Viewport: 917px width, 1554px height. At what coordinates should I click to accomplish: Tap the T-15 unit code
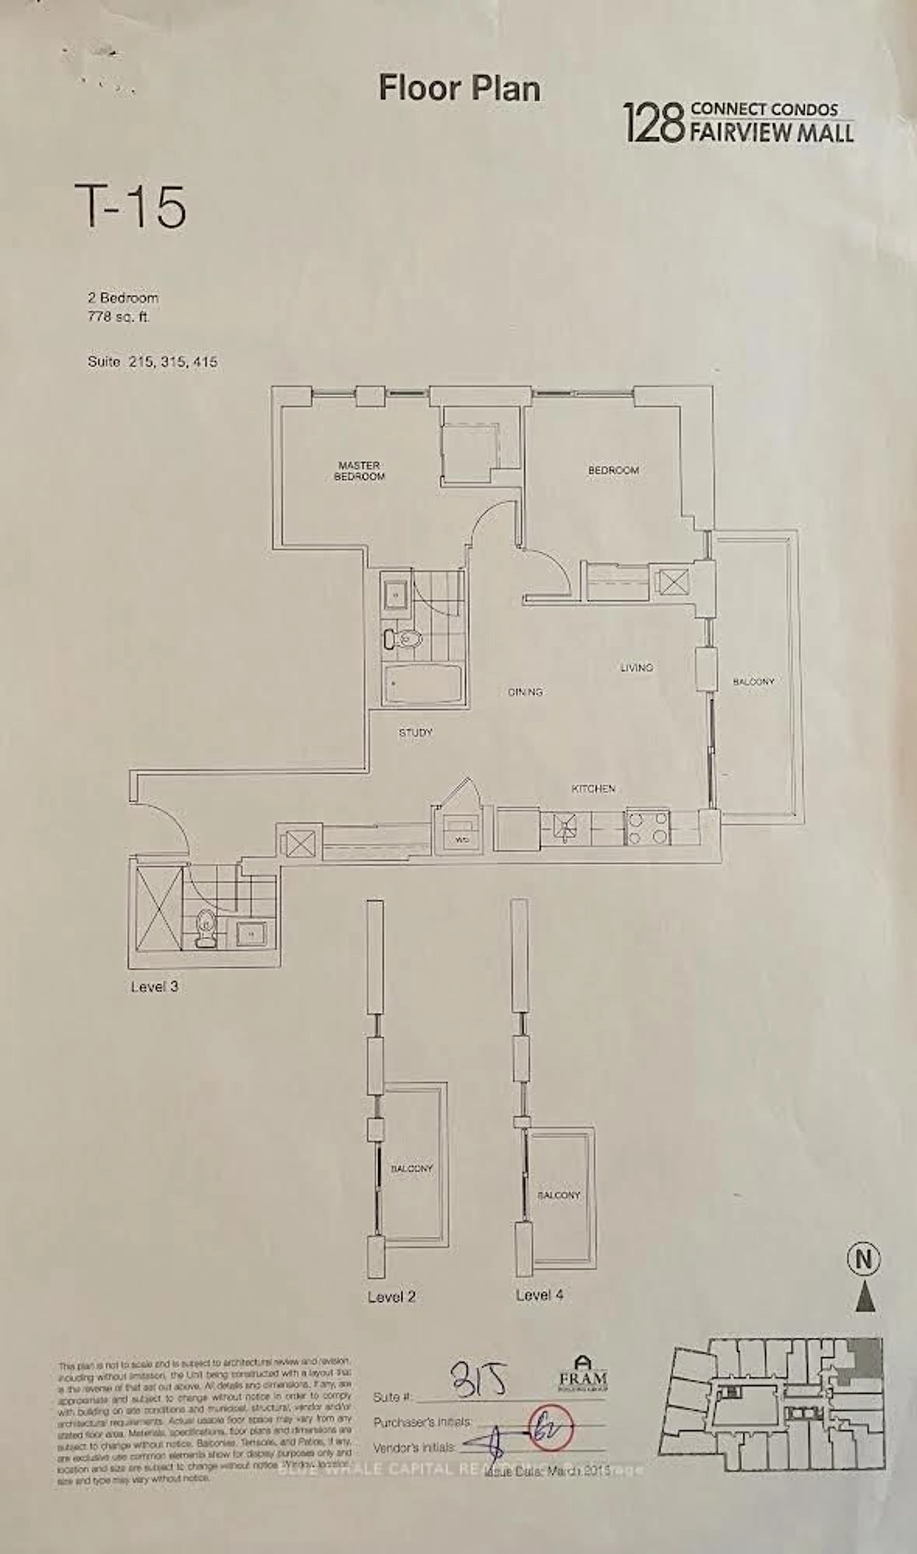click(x=130, y=206)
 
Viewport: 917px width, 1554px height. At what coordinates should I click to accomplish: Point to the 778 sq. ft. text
click(x=119, y=318)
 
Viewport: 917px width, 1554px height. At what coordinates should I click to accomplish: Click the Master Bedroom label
click(x=359, y=471)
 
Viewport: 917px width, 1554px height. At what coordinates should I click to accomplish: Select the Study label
click(x=415, y=733)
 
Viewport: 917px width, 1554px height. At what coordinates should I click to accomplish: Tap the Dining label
click(x=525, y=692)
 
